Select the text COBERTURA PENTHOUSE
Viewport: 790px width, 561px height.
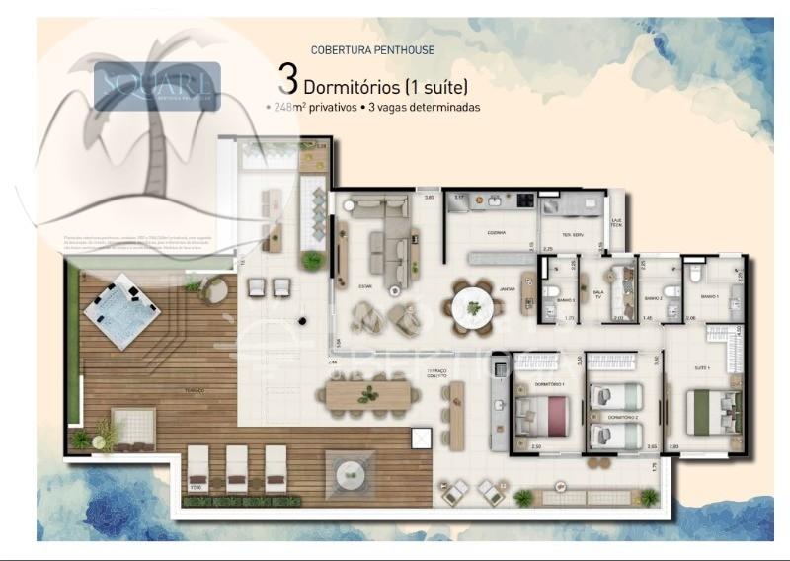pos(372,49)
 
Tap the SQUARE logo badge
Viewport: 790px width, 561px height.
pos(157,85)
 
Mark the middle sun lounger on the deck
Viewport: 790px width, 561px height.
pos(237,466)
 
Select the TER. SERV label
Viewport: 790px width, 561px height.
pos(575,234)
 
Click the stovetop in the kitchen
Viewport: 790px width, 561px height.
pos(523,201)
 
